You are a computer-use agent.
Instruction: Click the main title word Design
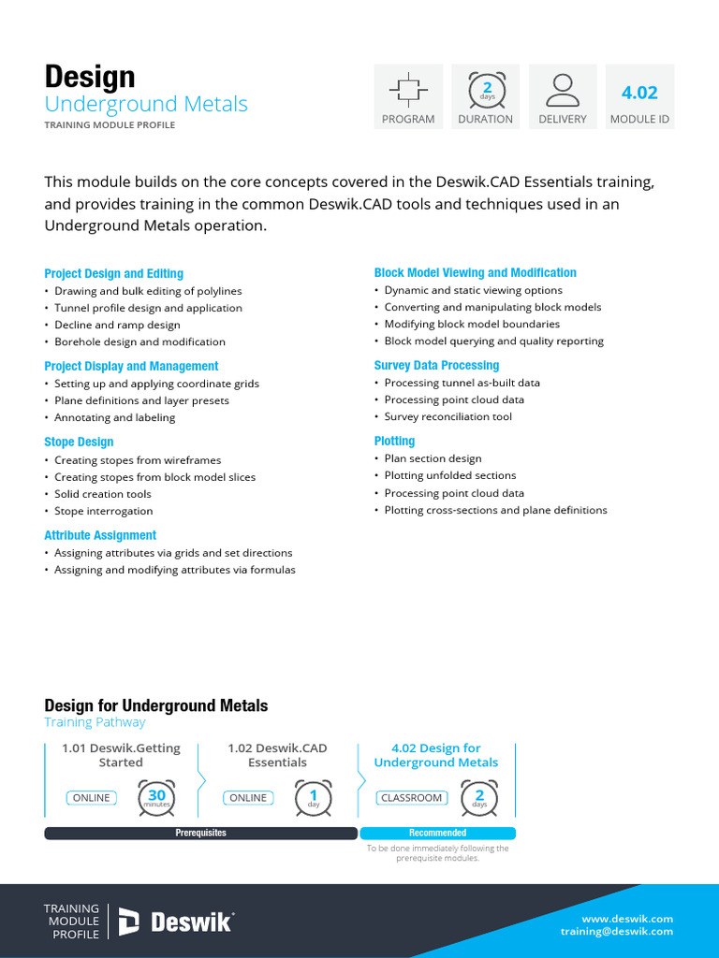click(90, 77)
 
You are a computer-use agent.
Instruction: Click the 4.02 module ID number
click(639, 92)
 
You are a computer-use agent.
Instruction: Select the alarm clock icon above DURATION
click(486, 89)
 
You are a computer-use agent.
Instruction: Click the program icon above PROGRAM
click(408, 89)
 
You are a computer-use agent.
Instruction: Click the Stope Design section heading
click(79, 442)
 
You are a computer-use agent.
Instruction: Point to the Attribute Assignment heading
click(100, 535)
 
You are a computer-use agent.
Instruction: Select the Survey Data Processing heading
click(436, 366)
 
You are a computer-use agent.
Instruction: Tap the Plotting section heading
click(394, 441)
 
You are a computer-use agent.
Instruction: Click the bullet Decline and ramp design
click(117, 325)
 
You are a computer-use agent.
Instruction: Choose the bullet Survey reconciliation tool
click(448, 416)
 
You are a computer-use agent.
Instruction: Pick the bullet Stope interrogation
click(103, 511)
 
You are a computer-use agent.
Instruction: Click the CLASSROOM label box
click(411, 798)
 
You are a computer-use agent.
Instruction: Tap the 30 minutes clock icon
click(156, 798)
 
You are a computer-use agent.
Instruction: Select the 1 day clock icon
click(314, 798)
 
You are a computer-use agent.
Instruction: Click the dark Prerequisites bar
click(200, 833)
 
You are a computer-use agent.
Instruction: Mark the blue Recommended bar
click(437, 833)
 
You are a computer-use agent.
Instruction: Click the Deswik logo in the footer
click(176, 922)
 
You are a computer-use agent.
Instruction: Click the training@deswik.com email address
click(617, 932)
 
